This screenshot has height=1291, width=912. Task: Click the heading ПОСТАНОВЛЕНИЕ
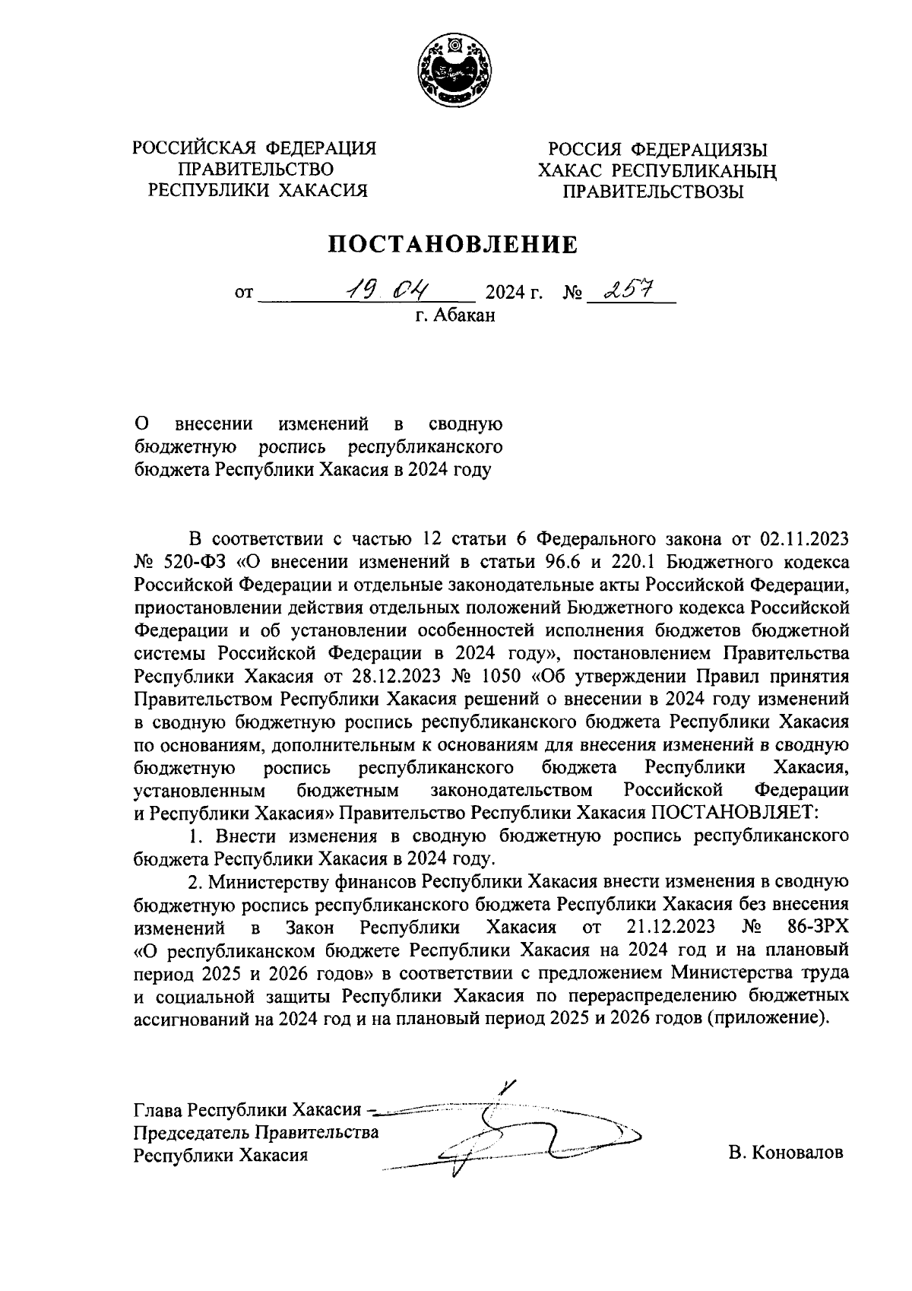(x=453, y=245)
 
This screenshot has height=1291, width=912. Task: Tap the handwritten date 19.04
(x=387, y=290)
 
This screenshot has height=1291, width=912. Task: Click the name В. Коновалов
(x=785, y=1152)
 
